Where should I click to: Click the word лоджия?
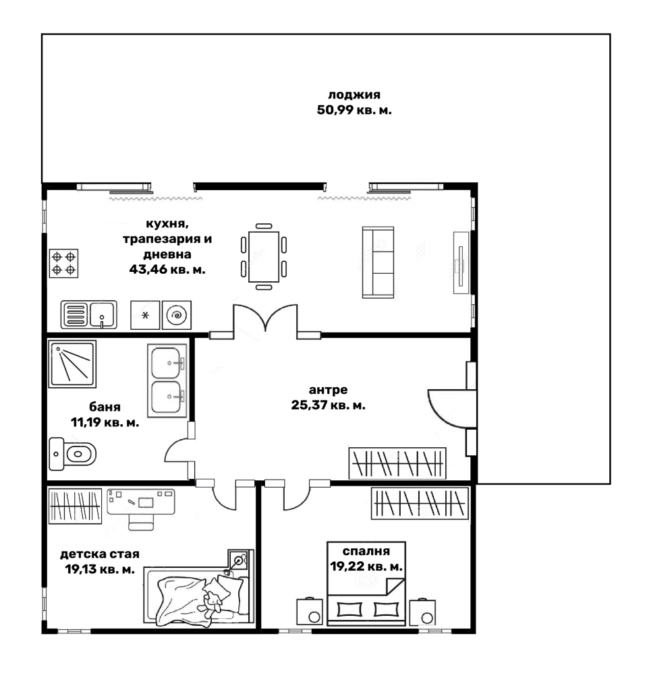[x=355, y=94]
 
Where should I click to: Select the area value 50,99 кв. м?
[x=354, y=109]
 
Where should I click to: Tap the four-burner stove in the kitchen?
[x=63, y=262]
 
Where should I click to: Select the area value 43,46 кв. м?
[x=167, y=268]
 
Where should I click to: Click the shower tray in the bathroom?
[x=72, y=363]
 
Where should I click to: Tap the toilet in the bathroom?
[x=73, y=452]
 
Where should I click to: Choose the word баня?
[x=105, y=407]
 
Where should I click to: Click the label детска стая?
[x=100, y=554]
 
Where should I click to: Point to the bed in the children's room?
[x=196, y=596]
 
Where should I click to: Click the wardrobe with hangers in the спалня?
[x=419, y=502]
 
